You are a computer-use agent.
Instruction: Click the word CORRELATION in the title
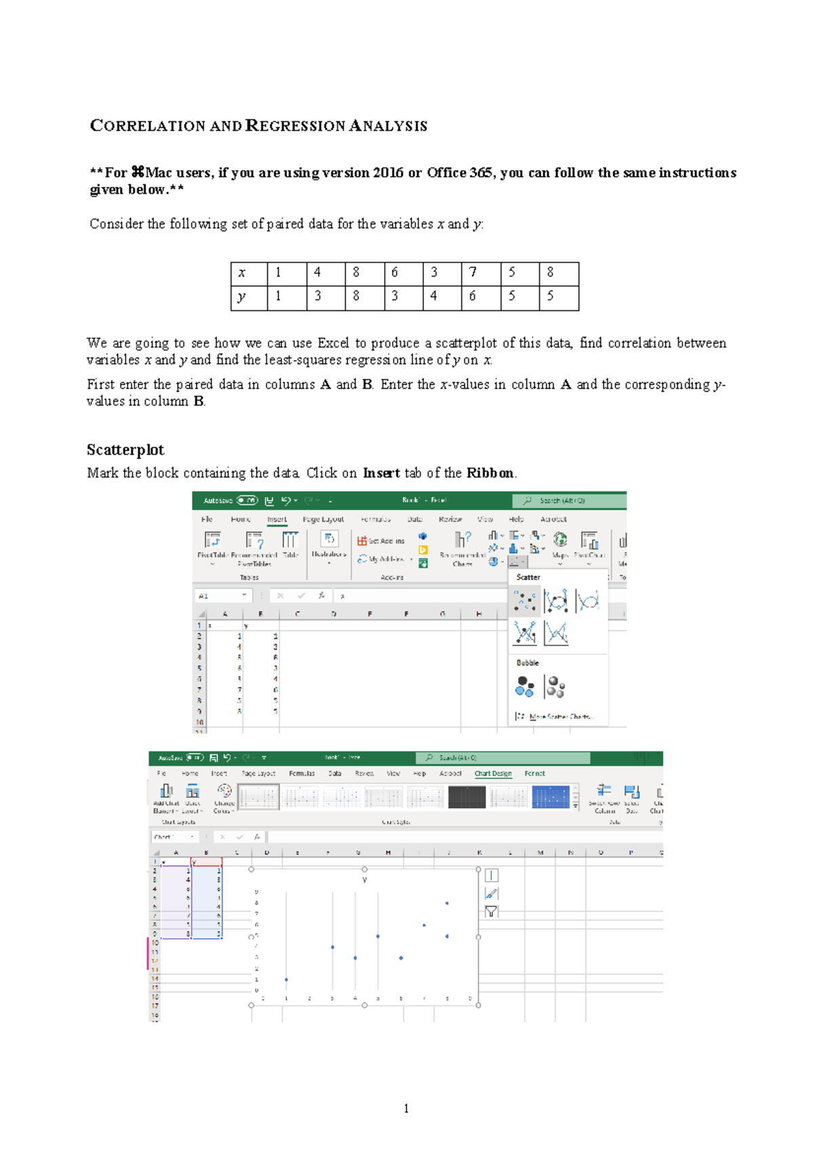pos(148,126)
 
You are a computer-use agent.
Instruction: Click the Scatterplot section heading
pos(125,450)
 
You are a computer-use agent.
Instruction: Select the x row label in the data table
pos(241,273)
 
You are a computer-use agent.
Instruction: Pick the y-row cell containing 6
pos(473,296)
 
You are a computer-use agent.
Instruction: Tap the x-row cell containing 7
pos(473,272)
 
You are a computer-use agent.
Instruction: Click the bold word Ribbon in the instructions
pos(489,473)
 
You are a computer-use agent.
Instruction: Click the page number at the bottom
pos(406,1109)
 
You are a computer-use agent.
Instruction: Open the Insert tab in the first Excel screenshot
pos(277,519)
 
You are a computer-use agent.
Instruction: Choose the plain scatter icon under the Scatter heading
pos(524,601)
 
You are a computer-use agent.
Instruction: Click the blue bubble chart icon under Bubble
pos(524,687)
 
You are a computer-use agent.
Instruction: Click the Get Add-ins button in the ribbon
pos(381,541)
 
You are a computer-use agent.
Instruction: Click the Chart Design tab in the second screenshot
pos(493,773)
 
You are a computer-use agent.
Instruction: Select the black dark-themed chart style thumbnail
pos(467,797)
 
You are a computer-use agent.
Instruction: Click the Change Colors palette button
pos(224,796)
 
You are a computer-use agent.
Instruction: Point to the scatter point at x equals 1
pos(286,980)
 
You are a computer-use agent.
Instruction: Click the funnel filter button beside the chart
pos(491,912)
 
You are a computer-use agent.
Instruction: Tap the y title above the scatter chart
pos(365,880)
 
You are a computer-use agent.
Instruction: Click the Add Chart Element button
pos(166,796)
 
